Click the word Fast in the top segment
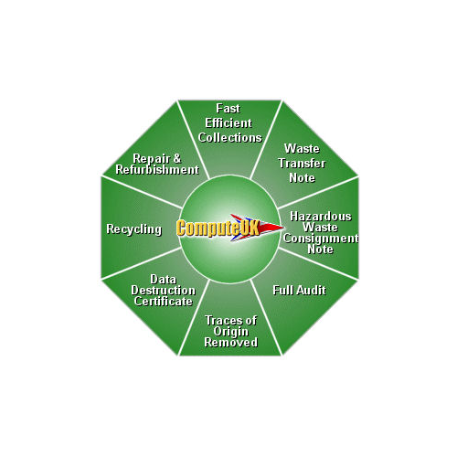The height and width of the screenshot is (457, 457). [228, 109]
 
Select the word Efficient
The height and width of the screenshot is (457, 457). [228, 123]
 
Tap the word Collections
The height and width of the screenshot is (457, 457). [230, 137]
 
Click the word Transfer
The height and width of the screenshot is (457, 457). [302, 164]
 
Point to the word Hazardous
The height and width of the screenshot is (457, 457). [321, 217]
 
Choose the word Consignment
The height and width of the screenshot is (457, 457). [321, 239]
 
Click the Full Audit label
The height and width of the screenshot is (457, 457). [299, 290]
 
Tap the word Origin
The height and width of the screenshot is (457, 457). [231, 332]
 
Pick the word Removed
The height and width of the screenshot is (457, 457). [231, 343]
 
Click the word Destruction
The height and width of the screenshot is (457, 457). [164, 291]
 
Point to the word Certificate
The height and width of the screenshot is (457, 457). [164, 302]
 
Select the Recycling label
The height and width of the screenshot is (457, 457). [134, 229]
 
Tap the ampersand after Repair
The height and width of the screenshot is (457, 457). [177, 158]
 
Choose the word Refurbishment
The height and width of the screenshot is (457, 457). [157, 170]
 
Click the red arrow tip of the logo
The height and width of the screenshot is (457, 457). [283, 228]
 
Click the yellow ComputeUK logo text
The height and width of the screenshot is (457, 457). [218, 228]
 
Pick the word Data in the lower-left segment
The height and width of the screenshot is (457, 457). [164, 280]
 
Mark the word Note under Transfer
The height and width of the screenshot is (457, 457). [302, 178]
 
